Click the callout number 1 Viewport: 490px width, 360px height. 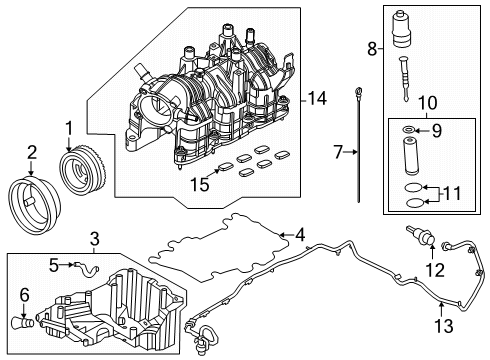68,128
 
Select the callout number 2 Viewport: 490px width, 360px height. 31,151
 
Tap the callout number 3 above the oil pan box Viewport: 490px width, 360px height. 94,237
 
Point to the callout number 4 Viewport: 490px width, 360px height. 299,235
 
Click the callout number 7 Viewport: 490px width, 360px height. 338,153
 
